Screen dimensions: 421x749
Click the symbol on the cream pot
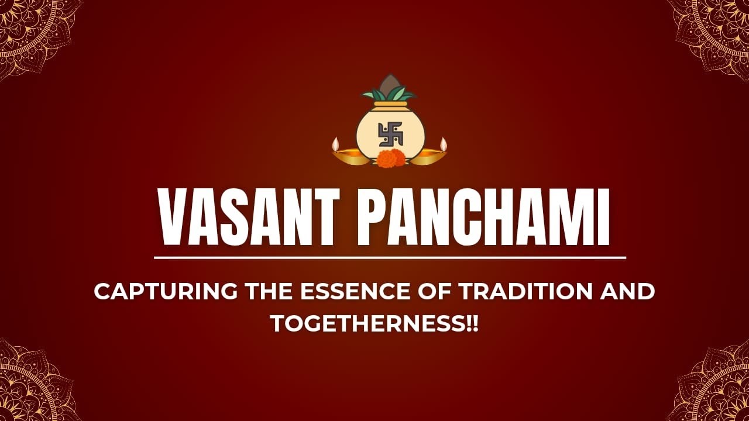390,134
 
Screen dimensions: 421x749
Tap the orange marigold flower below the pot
390,158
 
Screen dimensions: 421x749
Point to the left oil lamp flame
336,143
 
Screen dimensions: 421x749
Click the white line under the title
390,257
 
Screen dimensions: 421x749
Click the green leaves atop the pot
389,94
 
